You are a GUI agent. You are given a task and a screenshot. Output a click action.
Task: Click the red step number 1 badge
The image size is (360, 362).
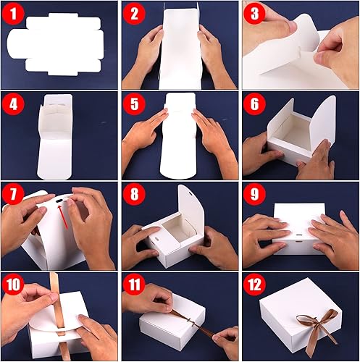(x=14, y=14)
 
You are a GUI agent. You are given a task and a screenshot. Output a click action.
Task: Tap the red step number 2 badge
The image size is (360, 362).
(x=134, y=14)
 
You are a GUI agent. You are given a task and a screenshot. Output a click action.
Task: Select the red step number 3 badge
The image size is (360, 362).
(x=254, y=14)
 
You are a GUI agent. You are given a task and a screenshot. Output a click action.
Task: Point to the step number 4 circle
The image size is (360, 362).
(x=14, y=105)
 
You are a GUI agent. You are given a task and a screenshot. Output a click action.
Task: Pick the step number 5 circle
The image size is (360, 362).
(x=134, y=105)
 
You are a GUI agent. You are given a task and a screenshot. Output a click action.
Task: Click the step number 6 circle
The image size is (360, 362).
(x=254, y=105)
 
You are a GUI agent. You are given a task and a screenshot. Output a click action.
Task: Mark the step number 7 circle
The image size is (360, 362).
(x=14, y=195)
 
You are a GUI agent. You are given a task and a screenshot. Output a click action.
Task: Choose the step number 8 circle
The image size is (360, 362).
(x=134, y=195)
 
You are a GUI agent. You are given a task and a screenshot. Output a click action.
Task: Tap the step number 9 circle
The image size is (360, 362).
(x=254, y=195)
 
